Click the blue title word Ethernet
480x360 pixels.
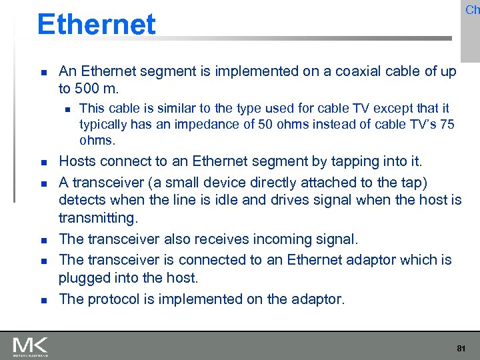click(96, 25)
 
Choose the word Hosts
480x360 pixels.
click(78, 161)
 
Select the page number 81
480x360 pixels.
click(461, 348)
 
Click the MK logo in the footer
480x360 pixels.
click(30, 346)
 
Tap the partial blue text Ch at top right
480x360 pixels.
click(472, 9)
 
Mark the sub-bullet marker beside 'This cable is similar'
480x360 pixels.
click(65, 109)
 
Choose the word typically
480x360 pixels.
click(103, 124)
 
